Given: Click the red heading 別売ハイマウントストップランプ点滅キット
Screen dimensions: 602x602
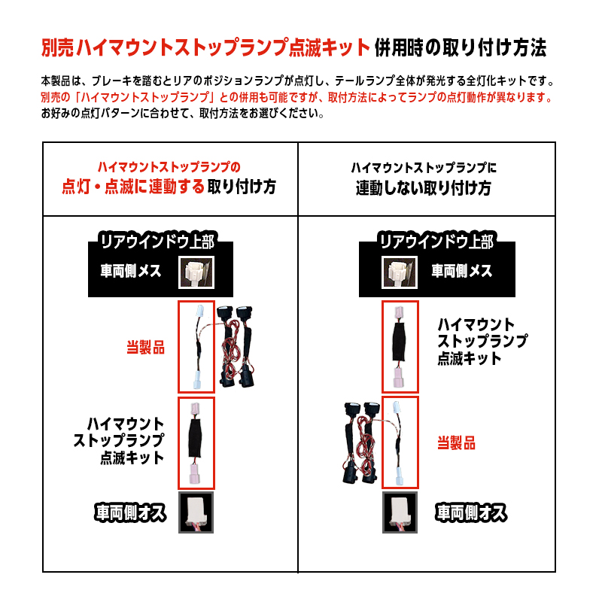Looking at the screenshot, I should [x=206, y=49].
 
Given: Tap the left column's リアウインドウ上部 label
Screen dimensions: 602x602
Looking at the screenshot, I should [x=157, y=242].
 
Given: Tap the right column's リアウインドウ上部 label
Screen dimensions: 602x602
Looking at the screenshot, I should [x=437, y=242].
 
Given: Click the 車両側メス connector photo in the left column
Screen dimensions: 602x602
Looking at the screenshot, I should [x=196, y=272].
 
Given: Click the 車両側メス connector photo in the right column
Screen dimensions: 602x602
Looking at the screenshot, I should [x=400, y=272].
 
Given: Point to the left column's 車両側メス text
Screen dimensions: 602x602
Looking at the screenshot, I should [x=131, y=271].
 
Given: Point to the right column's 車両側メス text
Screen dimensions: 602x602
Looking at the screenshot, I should [x=461, y=271].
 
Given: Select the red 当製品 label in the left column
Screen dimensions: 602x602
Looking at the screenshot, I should [x=144, y=348].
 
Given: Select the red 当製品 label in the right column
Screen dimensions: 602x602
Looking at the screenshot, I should [x=457, y=443].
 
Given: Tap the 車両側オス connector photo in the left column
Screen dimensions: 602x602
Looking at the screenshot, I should [x=196, y=513].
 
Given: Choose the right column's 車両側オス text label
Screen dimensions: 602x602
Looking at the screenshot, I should [x=471, y=512].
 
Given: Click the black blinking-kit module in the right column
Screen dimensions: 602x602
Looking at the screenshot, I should [x=400, y=346].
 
